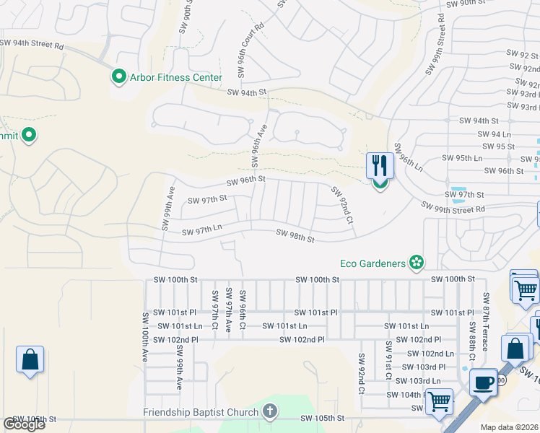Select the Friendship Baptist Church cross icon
click(x=270, y=412)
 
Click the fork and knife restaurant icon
click(x=379, y=166)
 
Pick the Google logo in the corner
click(x=24, y=424)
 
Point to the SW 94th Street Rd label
click(x=32, y=44)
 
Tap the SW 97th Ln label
click(x=201, y=231)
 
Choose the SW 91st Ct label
click(x=388, y=360)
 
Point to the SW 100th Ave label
click(x=145, y=336)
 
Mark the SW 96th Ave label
click(x=259, y=144)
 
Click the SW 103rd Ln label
click(x=420, y=380)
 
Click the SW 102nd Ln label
click(x=430, y=353)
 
